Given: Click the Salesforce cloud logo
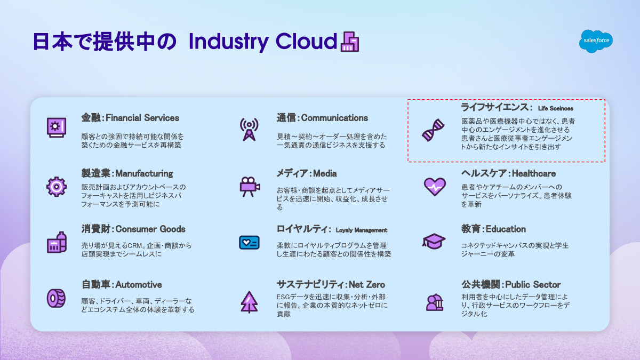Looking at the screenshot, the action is coord(596,41).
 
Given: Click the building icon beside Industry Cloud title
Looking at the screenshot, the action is coord(350,42).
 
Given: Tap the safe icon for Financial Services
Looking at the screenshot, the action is coord(57,127).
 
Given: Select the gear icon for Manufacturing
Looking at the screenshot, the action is coord(57,187).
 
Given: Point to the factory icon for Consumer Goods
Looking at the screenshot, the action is coord(57,242).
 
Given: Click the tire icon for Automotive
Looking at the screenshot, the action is coord(56,298).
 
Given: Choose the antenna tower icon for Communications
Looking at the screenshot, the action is coord(249,130).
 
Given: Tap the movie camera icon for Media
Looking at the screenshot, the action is coord(250,187).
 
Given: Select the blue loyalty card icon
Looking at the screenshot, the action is coord(249,243).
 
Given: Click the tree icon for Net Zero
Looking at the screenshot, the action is coord(249,302).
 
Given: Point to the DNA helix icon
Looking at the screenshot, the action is coord(434,130).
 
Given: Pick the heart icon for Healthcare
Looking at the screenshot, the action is coord(435,187).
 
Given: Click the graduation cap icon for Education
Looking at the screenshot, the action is coord(434,242).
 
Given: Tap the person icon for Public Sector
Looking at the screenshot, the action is coord(435,302).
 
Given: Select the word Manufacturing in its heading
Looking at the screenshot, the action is coord(144,173).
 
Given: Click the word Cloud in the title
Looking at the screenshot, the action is coord(306,42).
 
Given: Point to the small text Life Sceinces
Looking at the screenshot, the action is coord(556,108).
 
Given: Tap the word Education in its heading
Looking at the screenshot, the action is coord(506,229).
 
